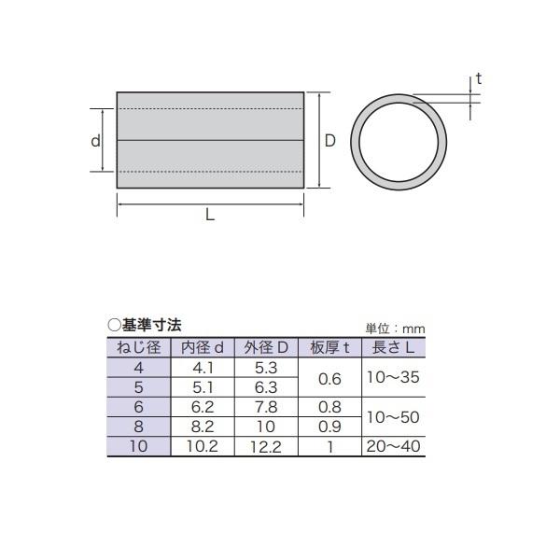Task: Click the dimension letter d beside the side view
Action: tap(95, 141)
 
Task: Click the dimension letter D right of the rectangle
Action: tap(330, 141)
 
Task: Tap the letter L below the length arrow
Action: tap(210, 215)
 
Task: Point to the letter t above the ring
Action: tap(479, 78)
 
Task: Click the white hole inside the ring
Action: tap(399, 142)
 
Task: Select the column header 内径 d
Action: tap(203, 347)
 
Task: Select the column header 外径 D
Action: tap(266, 347)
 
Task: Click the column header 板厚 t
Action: tap(329, 347)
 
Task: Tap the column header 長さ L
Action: tap(394, 347)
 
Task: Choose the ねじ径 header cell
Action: tap(139, 347)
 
